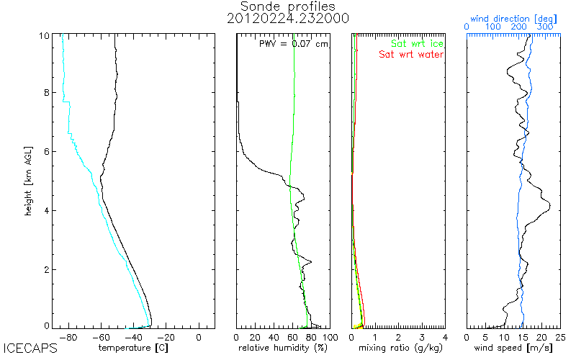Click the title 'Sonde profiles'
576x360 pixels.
(288, 6)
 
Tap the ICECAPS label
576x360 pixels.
(30, 349)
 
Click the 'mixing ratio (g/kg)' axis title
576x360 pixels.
(399, 348)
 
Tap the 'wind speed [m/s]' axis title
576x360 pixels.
(514, 348)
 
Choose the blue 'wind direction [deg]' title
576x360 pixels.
(513, 17)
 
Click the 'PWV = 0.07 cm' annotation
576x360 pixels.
(293, 45)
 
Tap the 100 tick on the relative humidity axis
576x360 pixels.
(330, 336)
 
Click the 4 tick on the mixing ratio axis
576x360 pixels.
(445, 336)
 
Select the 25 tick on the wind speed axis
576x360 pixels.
(560, 336)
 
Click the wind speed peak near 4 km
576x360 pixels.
(549, 207)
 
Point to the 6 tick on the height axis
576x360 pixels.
(47, 151)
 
